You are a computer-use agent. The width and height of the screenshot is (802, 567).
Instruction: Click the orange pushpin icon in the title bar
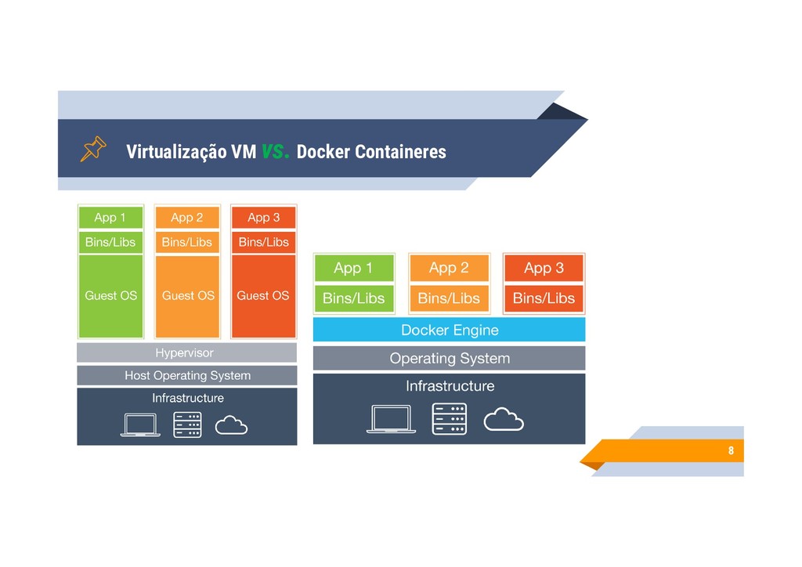pos(92,149)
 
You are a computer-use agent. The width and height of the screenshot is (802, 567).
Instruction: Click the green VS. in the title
pos(276,152)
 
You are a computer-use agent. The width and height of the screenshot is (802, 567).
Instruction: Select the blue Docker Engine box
pos(449,330)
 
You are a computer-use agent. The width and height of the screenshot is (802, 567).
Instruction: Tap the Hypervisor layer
pos(186,352)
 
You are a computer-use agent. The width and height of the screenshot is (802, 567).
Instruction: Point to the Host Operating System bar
pos(186,375)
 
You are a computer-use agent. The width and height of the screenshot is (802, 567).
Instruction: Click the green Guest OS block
pos(110,296)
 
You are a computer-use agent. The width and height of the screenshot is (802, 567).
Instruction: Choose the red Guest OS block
pos(263,296)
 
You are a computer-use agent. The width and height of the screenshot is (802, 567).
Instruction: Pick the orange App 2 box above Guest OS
pos(186,217)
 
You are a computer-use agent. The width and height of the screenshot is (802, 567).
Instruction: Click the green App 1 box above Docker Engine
pos(353,268)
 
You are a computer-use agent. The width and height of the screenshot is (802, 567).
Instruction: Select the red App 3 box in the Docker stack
pos(544,268)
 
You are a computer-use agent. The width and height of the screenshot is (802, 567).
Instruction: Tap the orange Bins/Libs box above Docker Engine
pos(449,298)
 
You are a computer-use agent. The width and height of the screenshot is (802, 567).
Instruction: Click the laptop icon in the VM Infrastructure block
pos(140,424)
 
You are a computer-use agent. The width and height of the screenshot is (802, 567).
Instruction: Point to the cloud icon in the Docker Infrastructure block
pos(504,420)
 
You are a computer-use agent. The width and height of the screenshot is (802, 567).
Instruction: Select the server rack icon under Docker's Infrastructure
pos(449,419)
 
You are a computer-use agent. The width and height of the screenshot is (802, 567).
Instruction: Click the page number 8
pos(731,451)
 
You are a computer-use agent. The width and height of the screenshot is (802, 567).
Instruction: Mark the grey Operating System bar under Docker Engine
pos(449,359)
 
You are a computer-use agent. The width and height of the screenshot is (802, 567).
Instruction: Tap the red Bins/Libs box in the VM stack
pos(263,242)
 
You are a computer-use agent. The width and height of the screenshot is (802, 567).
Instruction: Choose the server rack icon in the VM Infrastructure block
pos(187,424)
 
